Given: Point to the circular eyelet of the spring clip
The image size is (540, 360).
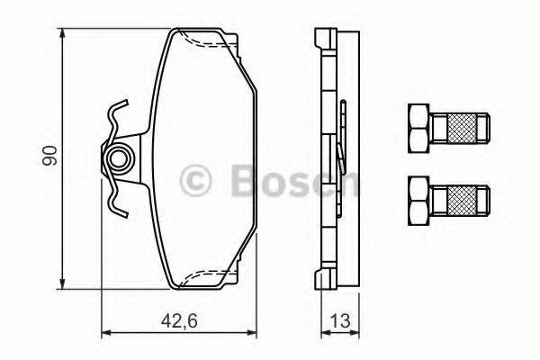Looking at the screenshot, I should [x=117, y=161].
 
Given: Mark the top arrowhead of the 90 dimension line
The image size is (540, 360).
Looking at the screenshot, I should [x=64, y=33].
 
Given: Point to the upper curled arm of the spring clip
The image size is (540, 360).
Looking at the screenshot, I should [x=114, y=115].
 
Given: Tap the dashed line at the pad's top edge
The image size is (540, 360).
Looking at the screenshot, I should [x=205, y=40].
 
